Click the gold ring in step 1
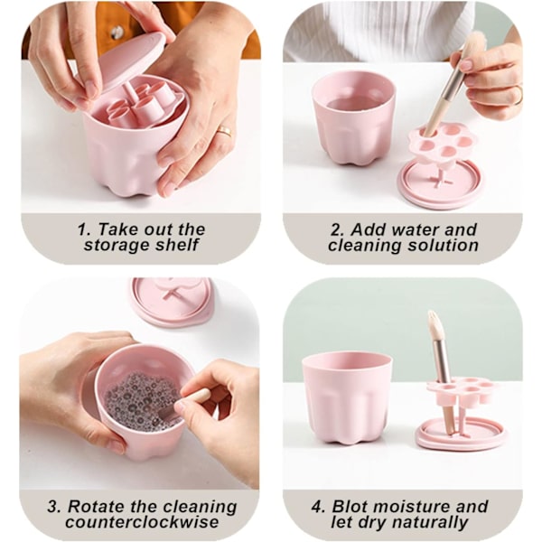(x=224, y=131)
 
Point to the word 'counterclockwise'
(x=142, y=522)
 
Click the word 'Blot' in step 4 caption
(x=352, y=507)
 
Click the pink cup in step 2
(x=353, y=119)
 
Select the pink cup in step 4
(x=347, y=397)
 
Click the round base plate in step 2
(x=442, y=184)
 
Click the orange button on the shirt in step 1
(x=115, y=33)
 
